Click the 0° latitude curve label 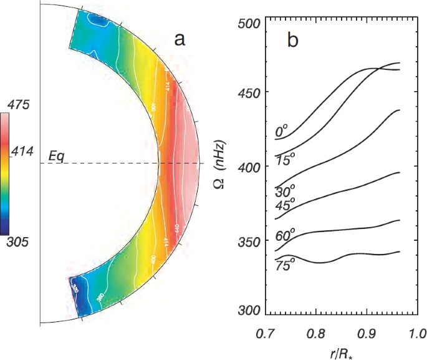282,132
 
